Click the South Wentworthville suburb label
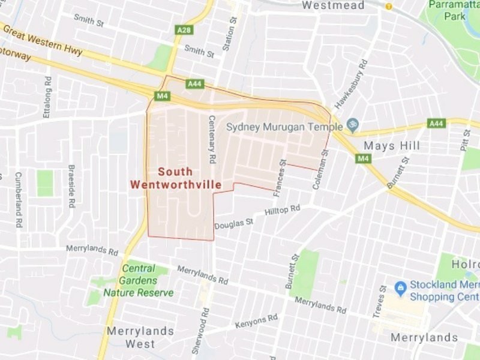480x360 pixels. tap(176, 178)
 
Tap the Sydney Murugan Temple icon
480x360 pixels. tap(353, 125)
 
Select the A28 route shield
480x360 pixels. tap(184, 29)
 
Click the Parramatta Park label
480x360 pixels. tap(455, 10)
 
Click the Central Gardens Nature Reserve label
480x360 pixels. tap(139, 280)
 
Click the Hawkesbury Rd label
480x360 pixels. tap(351, 84)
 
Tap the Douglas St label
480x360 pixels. tap(234, 224)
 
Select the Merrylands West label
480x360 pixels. tap(140, 337)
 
